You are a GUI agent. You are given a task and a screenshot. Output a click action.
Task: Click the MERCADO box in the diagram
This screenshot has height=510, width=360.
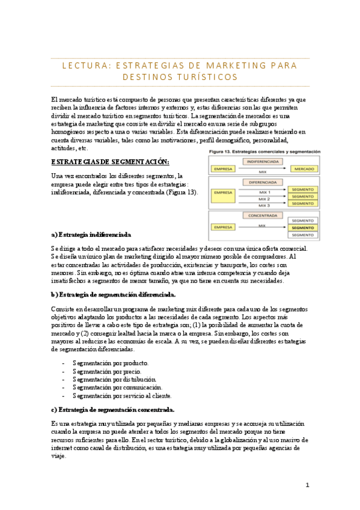pyautogui.click(x=303, y=169)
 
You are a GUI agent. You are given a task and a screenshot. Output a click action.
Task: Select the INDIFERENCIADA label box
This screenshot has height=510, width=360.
pyautogui.click(x=262, y=162)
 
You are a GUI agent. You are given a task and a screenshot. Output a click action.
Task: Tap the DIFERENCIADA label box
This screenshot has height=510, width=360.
pyautogui.click(x=263, y=182)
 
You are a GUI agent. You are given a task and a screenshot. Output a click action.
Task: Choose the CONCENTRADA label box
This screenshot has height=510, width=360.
pyautogui.click(x=263, y=215)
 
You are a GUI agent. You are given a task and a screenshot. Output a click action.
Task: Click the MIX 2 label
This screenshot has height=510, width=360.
pyautogui.click(x=264, y=198)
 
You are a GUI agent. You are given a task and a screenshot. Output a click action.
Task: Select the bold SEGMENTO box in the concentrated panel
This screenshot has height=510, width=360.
pyautogui.click(x=302, y=228)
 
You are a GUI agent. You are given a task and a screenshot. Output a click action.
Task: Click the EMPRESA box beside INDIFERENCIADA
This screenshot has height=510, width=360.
pyautogui.click(x=224, y=169)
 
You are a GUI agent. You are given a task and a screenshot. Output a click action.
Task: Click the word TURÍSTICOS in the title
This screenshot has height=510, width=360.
pyautogui.click(x=208, y=78)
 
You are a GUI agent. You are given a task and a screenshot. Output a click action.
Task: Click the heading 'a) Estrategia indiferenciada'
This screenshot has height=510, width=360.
pyautogui.click(x=91, y=234)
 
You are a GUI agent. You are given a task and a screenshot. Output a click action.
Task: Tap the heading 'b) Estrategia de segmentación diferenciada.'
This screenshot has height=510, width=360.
pyautogui.click(x=114, y=294)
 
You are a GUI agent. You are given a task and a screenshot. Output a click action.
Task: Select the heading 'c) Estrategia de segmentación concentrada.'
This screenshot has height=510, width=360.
pyautogui.click(x=113, y=410)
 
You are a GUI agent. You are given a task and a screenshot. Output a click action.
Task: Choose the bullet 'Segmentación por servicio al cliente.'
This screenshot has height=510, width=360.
pyautogui.click(x=122, y=396)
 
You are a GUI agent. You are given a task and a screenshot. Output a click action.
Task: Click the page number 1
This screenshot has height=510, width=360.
pyautogui.click(x=307, y=485)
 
